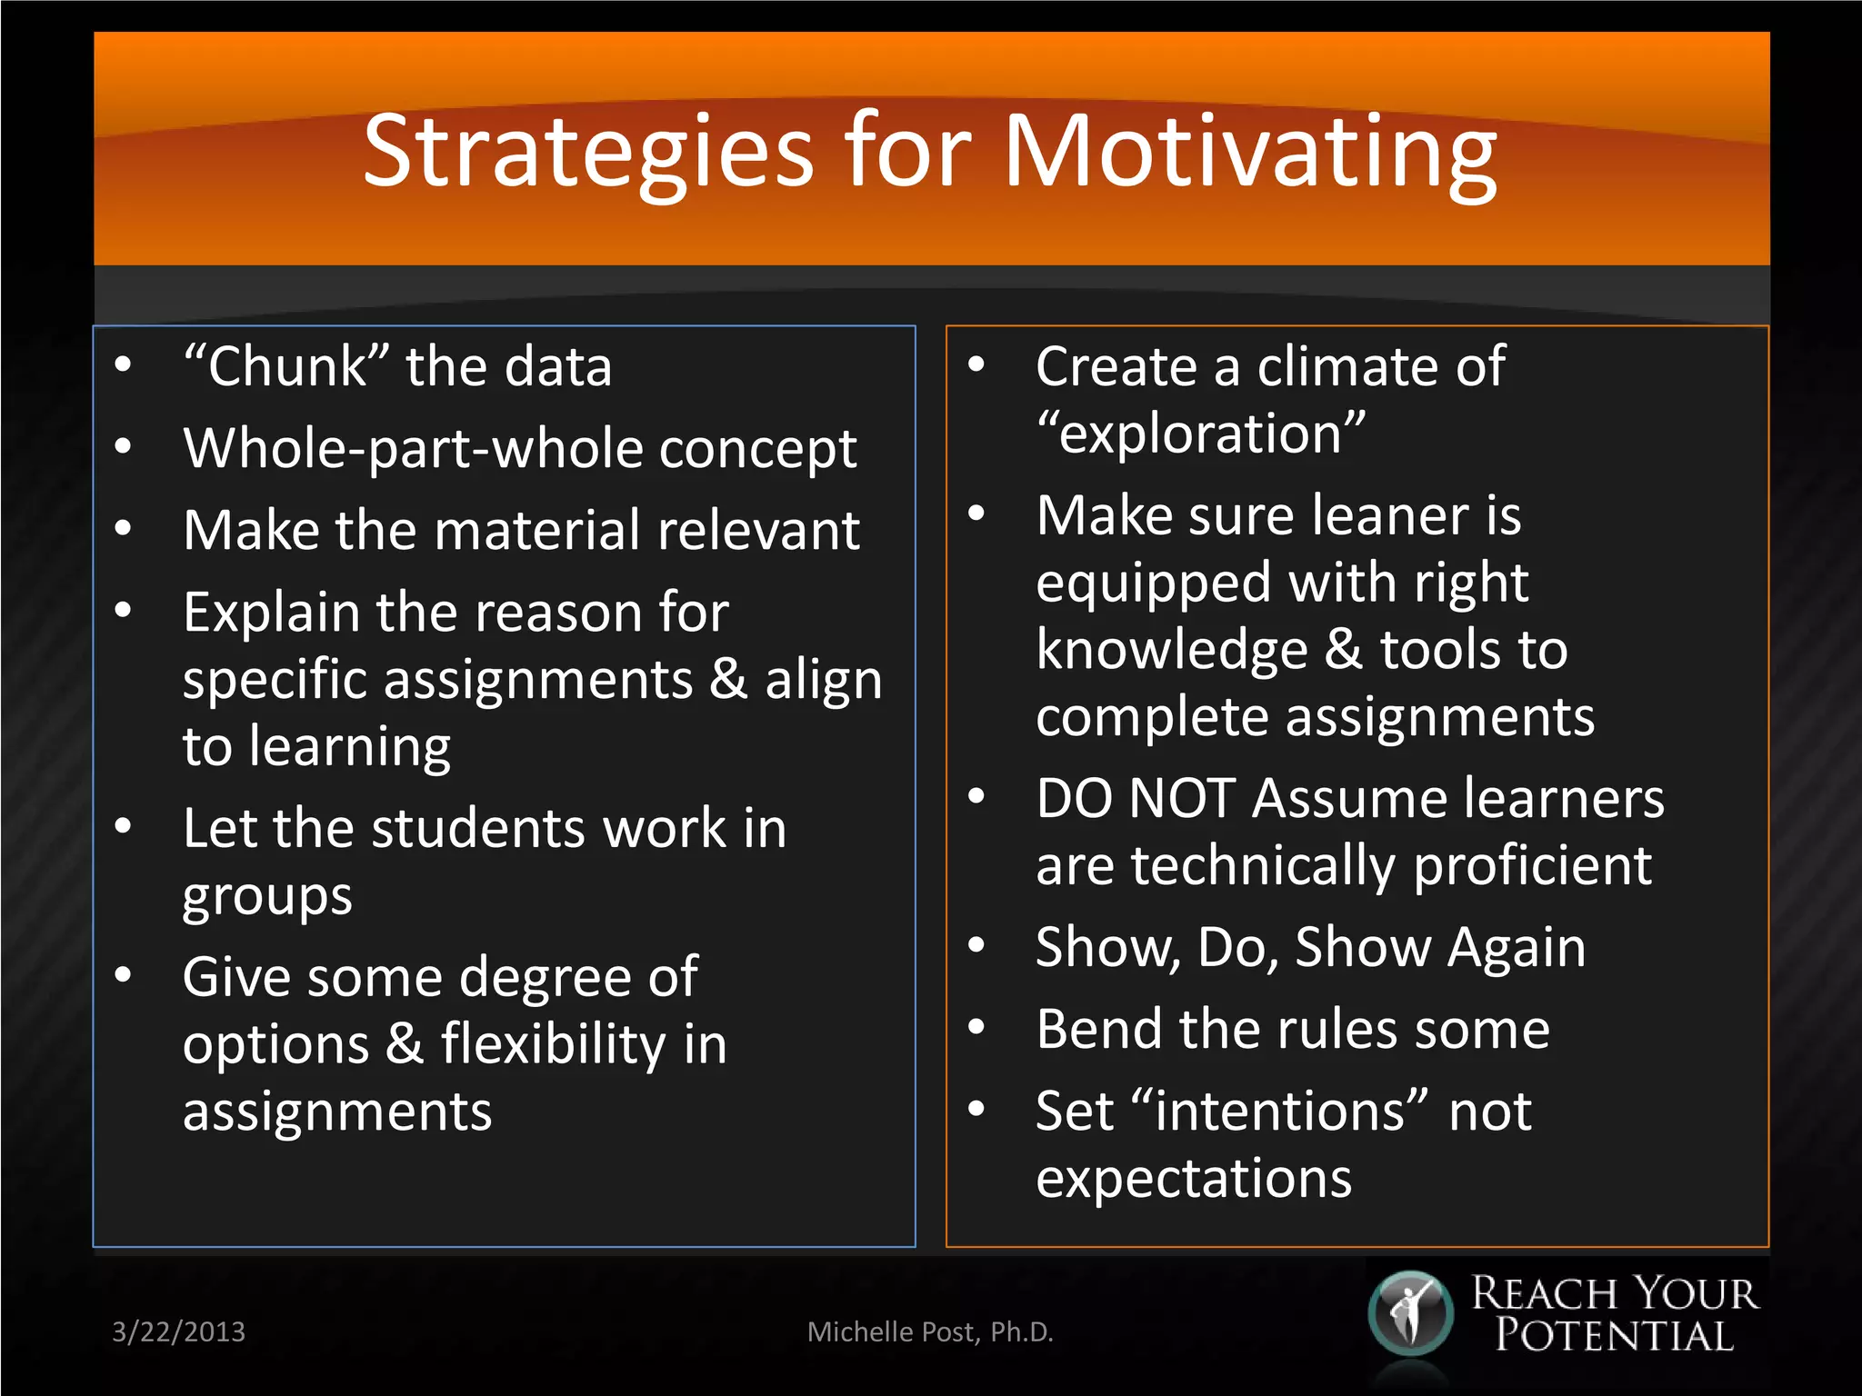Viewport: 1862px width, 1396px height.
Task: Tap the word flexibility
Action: (x=554, y=1043)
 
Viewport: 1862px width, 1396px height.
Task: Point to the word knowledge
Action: (x=1172, y=650)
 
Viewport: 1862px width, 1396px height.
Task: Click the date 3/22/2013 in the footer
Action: (x=178, y=1331)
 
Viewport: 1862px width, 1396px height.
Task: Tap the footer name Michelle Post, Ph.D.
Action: (x=930, y=1331)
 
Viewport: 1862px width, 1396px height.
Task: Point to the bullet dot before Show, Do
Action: (x=976, y=945)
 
